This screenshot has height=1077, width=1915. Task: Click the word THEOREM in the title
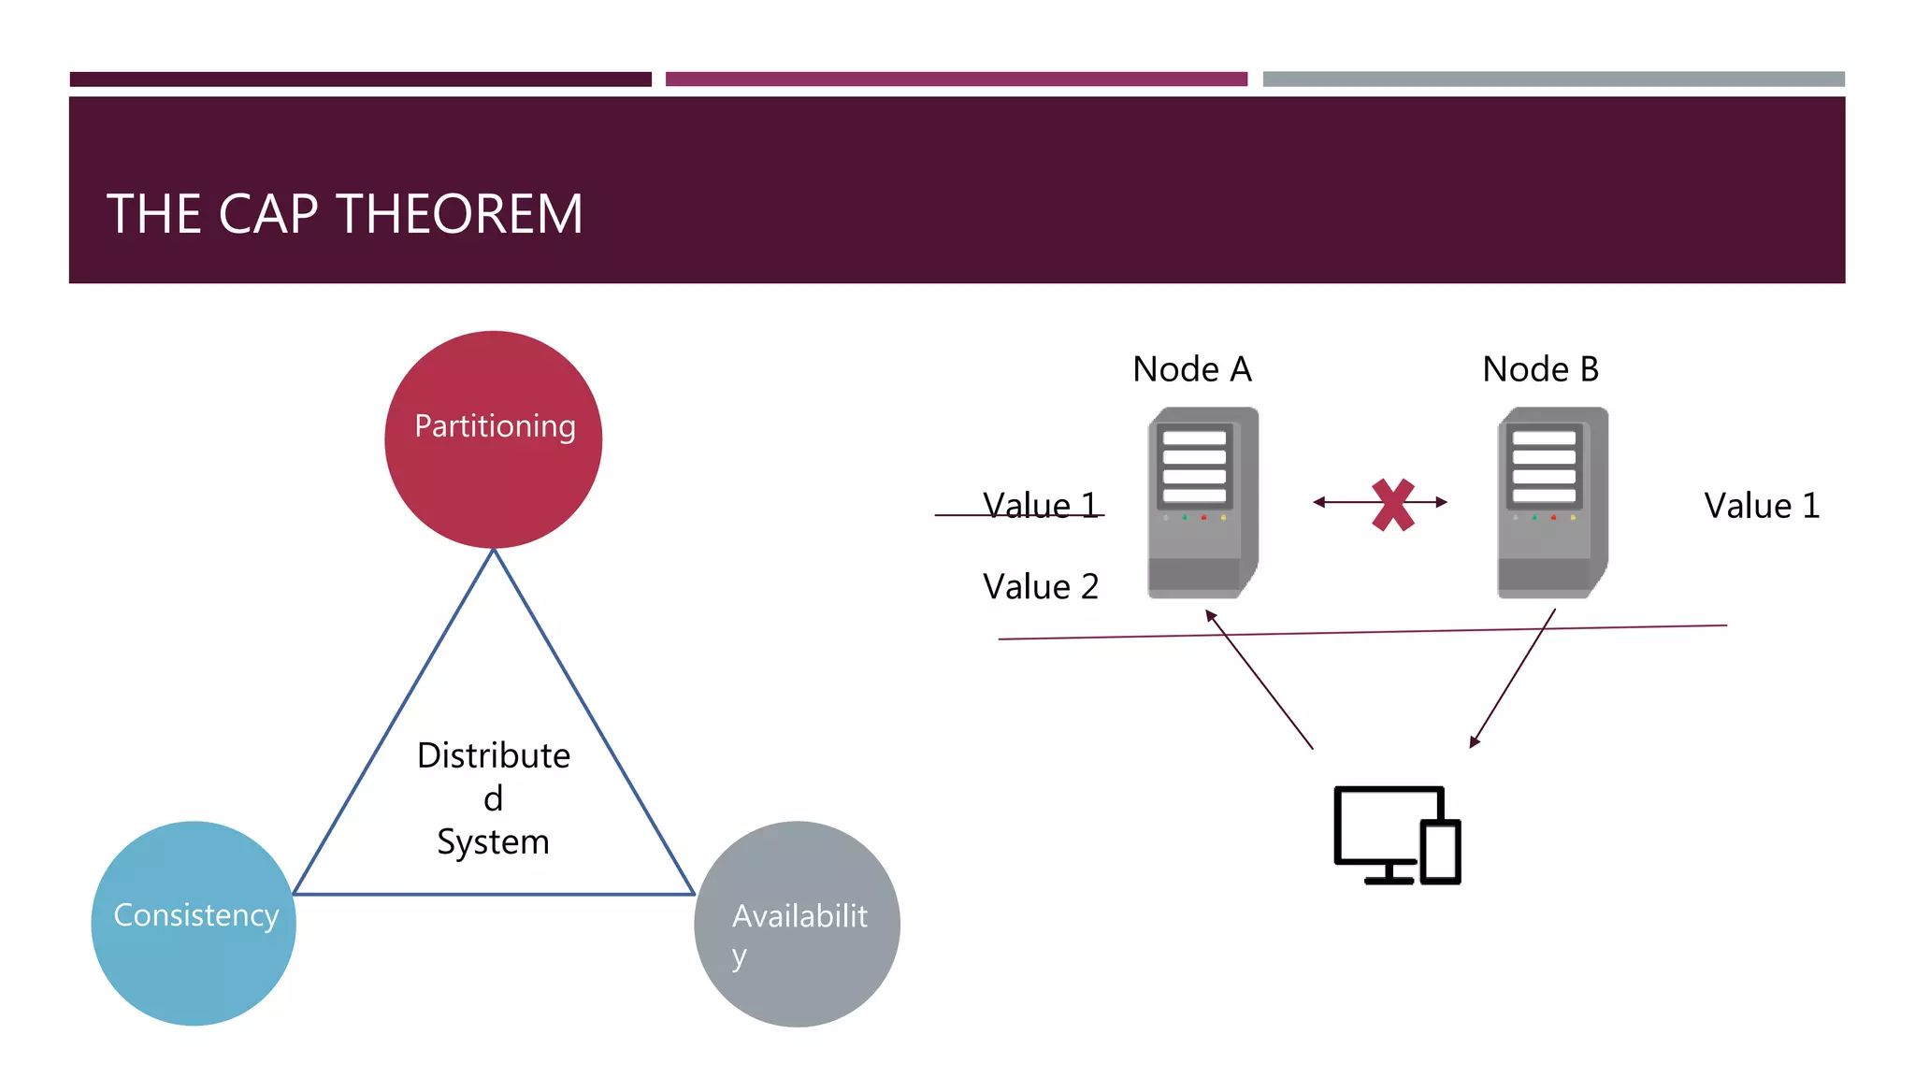[x=459, y=214]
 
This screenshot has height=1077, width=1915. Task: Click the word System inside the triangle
[x=493, y=841]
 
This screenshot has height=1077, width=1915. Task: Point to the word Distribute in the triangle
[x=493, y=754]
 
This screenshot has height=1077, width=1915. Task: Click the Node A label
[x=1191, y=369]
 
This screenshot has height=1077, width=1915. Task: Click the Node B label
[x=1540, y=369]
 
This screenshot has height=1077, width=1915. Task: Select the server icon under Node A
[x=1202, y=503]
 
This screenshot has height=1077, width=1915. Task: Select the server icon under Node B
[x=1552, y=503]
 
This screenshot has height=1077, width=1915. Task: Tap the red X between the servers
[x=1392, y=505]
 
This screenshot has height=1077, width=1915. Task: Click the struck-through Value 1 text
[x=1040, y=506]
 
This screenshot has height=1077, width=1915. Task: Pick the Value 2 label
[x=1040, y=587]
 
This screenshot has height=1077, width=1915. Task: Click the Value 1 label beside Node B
[x=1762, y=506]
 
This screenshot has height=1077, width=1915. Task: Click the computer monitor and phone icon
[x=1396, y=835]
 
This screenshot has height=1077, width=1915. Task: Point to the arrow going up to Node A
[x=1260, y=680]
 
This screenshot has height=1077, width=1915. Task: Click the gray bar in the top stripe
[x=1553, y=79]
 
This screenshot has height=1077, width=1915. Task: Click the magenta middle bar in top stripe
[x=956, y=79]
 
